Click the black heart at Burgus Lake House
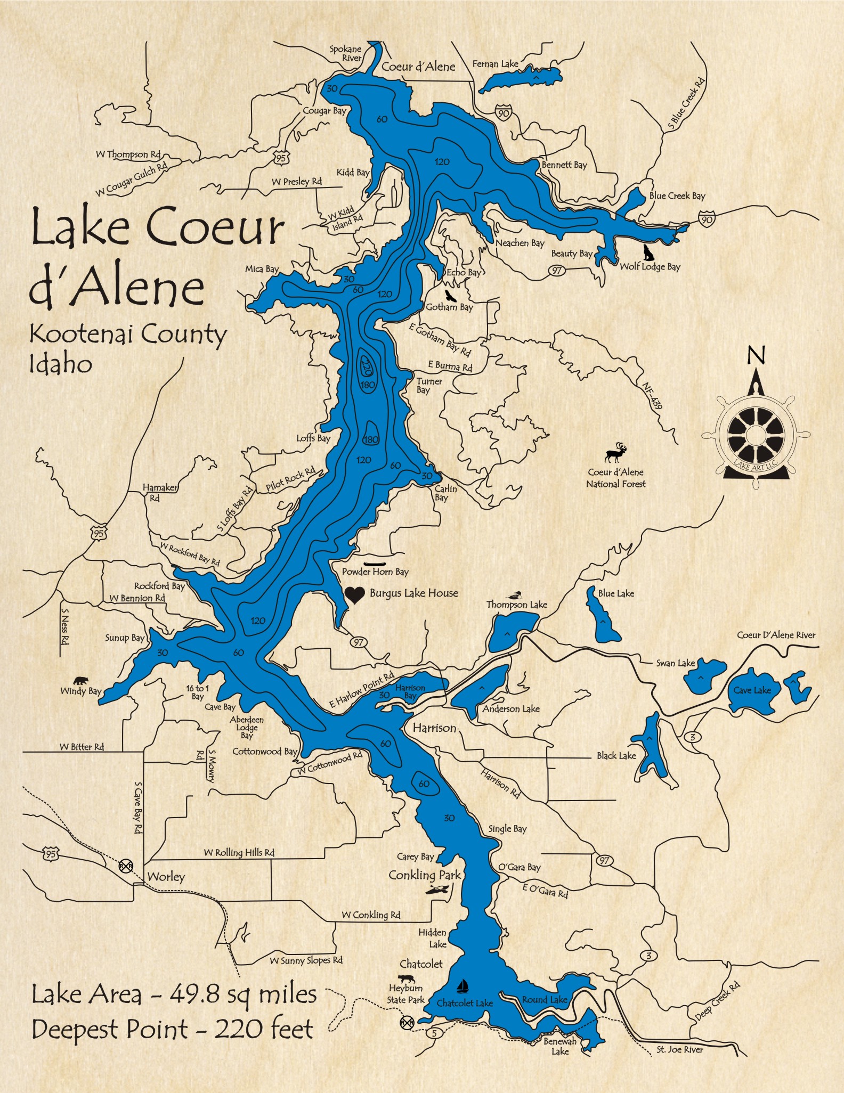354,595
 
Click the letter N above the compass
756,355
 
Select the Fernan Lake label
495,64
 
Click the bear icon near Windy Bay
81,680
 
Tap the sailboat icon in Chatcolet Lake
462,986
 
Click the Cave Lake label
752,690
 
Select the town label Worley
166,876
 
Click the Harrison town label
434,728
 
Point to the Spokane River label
345,53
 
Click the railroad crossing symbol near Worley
125,865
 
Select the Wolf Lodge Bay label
650,266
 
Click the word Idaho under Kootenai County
60,364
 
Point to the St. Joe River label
679,1049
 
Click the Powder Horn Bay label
375,572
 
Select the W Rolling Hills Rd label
239,852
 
